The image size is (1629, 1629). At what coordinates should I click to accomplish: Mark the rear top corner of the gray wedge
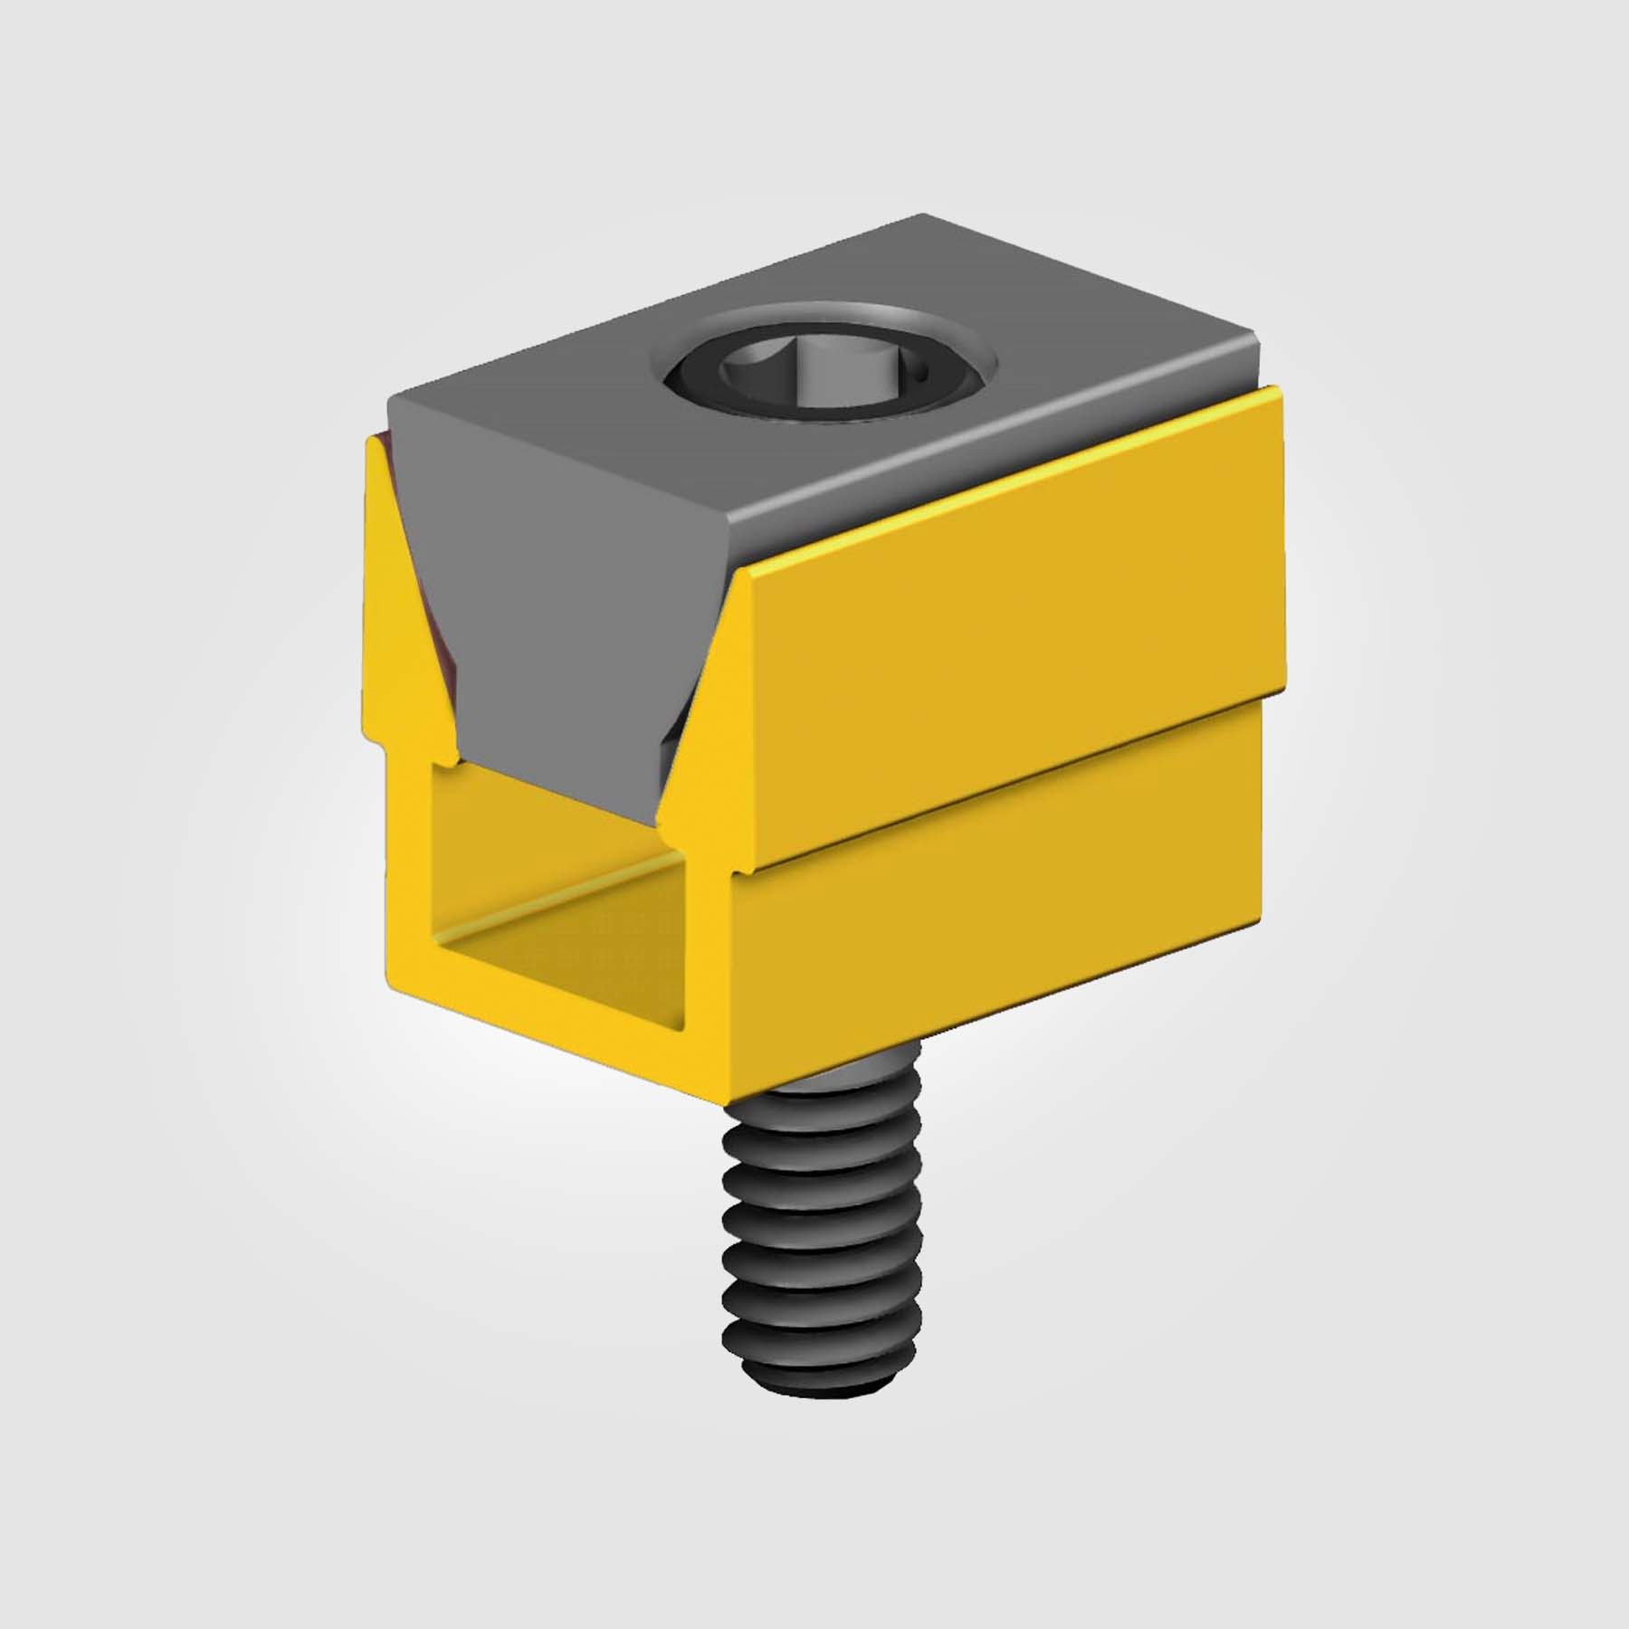(923, 217)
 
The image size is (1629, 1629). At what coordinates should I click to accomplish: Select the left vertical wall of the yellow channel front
(412, 869)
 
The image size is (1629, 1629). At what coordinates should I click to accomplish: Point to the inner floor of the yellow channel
(561, 941)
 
